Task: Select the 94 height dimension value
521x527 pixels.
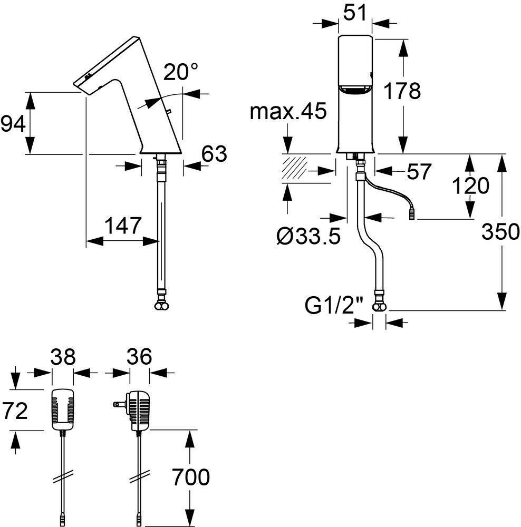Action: click(x=13, y=124)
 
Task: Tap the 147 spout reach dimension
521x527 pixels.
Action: click(x=122, y=226)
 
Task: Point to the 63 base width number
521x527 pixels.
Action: click(x=214, y=154)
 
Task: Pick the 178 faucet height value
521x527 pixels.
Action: click(x=402, y=91)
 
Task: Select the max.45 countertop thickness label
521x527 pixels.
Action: click(x=288, y=112)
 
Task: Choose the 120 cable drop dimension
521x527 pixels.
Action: click(x=471, y=186)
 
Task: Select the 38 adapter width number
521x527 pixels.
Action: click(x=63, y=358)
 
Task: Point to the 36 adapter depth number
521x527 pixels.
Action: click(x=139, y=358)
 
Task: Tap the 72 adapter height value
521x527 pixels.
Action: click(x=14, y=410)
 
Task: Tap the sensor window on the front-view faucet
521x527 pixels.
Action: click(x=355, y=91)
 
